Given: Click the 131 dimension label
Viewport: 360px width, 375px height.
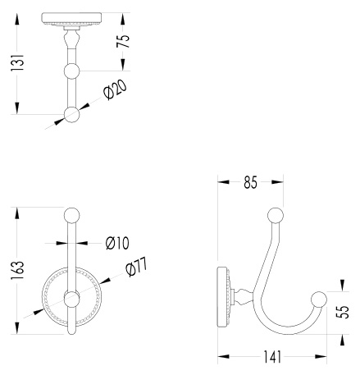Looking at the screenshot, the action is (x=17, y=63).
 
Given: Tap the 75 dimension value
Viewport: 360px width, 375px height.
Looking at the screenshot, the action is (x=123, y=41).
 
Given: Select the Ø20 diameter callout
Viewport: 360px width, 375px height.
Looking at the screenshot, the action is (x=116, y=89).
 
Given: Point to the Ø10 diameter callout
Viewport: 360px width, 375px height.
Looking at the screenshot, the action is (x=117, y=243).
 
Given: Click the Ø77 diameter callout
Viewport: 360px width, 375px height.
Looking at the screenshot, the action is (x=136, y=267).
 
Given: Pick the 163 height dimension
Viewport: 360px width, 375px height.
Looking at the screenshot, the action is (x=17, y=270).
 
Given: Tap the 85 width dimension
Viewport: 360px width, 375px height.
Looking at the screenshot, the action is (x=250, y=182).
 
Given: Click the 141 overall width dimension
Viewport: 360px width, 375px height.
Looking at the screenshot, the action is (x=272, y=357).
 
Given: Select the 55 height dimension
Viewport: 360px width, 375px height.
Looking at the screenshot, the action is (x=343, y=312).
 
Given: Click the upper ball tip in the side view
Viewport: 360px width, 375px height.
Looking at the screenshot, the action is (x=276, y=216).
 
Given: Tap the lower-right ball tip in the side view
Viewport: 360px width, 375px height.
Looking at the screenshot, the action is (x=319, y=300).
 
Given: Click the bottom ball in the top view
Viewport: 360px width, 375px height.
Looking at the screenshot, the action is (x=71, y=114).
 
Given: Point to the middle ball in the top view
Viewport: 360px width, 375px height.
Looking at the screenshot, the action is (x=71, y=71).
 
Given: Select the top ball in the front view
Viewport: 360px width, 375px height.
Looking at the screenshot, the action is (x=71, y=215).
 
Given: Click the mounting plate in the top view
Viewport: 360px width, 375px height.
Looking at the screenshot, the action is (x=71, y=18).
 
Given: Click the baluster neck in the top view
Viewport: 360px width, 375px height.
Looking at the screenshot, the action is (x=71, y=39).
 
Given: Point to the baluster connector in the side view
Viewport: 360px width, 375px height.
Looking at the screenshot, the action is (x=244, y=297).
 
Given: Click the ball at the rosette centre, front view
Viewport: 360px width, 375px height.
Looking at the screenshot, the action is (x=71, y=299).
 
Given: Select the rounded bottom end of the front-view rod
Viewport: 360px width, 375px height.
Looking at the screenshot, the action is (x=71, y=332).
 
